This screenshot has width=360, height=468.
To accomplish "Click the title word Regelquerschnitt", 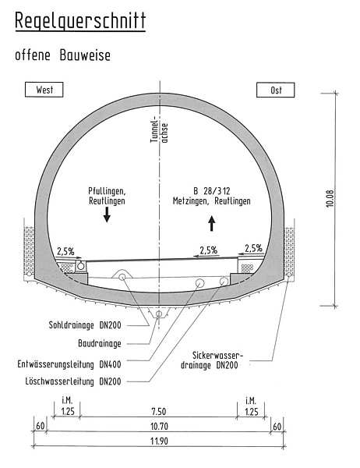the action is [x=80, y=21].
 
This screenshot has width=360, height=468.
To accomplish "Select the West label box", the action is [x=44, y=90].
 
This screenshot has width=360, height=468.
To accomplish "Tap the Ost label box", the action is [x=276, y=90].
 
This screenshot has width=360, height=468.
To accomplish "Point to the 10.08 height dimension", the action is [x=330, y=199].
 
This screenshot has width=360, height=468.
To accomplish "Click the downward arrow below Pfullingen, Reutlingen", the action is [x=107, y=214].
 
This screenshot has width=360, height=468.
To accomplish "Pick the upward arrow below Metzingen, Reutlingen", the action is [x=212, y=223].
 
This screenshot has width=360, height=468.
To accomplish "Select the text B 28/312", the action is [x=211, y=191].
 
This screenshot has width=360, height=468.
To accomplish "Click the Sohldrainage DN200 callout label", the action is [x=85, y=325].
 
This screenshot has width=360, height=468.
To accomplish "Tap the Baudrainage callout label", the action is [x=100, y=343].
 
